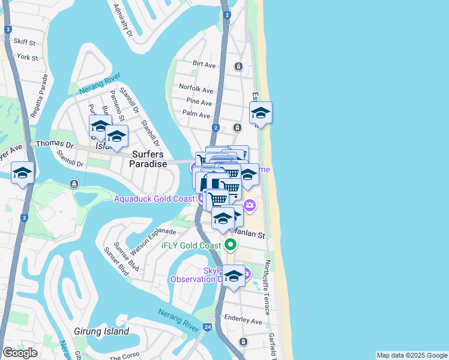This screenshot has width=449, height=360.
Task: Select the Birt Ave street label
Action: (204, 64)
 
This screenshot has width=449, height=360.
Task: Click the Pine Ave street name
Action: (197, 101)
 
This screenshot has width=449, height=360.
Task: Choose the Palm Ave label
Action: (196, 114)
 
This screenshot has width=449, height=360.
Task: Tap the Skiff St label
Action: (25, 43)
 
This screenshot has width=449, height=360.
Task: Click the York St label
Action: (28, 58)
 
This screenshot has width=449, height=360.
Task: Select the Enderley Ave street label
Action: (243, 321)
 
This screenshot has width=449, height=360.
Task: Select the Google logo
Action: (20, 353)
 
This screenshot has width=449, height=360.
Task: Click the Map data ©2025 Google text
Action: (411, 355)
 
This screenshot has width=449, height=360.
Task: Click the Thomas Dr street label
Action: (54, 145)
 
